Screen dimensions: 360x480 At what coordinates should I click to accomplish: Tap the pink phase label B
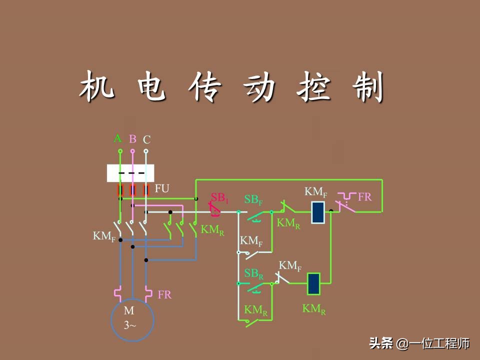132,138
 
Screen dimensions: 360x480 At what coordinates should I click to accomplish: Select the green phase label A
118,138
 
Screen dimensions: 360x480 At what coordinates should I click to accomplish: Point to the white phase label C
146,139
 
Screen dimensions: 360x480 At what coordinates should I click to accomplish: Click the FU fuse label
162,188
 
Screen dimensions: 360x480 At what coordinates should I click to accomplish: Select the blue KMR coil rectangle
313,283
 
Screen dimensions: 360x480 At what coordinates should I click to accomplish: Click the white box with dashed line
130,173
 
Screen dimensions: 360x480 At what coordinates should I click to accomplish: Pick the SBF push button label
253,199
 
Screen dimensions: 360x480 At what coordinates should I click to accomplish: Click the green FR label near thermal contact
364,196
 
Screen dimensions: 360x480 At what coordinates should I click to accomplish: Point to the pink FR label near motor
164,294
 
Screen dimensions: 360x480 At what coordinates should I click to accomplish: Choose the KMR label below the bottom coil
314,308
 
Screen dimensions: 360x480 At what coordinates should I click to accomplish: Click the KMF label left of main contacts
104,236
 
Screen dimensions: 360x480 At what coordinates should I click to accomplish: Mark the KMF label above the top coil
316,192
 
